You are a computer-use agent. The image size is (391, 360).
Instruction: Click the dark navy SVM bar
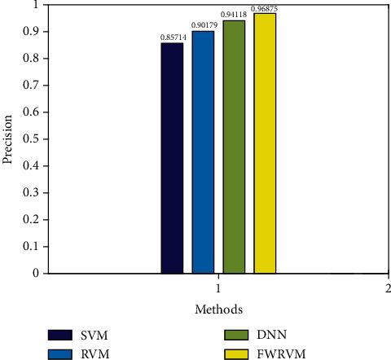172,158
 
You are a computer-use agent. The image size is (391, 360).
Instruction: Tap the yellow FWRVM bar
265,143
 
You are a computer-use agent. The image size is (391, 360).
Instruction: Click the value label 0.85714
172,37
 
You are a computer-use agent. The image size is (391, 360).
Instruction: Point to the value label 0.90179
203,25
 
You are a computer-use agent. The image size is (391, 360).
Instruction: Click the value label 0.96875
265,8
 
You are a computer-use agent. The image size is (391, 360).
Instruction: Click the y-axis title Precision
8,138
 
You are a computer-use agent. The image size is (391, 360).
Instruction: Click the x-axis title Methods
217,310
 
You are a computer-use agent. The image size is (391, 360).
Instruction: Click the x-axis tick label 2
387,288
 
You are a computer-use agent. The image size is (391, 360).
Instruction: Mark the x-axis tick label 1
218,288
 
